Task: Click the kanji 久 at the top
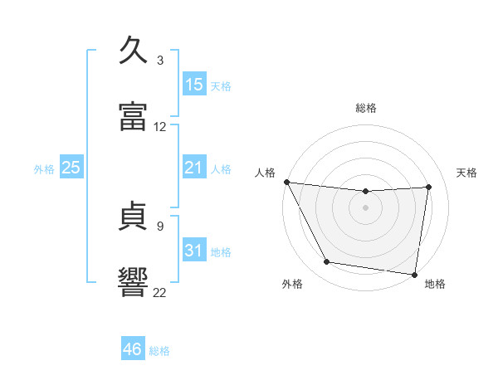point(133,50)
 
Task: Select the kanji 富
point(133,116)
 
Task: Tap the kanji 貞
point(133,216)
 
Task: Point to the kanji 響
point(133,282)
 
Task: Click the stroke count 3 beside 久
point(160,60)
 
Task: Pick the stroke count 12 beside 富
point(159,127)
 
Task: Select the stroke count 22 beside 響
point(159,292)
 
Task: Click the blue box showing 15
point(194,84)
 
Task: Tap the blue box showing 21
point(194,167)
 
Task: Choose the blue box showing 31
point(194,249)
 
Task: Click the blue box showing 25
point(71,167)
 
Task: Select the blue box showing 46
point(133,348)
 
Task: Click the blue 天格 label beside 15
point(221,86)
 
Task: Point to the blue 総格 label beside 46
point(159,351)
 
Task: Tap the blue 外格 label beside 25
point(44,169)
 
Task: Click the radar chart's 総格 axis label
point(366,108)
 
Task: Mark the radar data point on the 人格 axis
point(287,182)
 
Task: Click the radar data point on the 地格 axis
point(414,275)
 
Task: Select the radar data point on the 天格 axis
point(428,187)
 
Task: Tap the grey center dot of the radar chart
point(365,207)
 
